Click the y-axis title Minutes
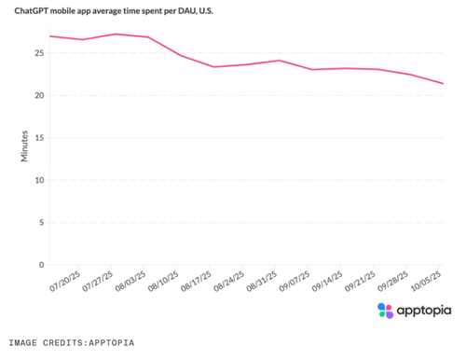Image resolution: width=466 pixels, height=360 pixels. coord(25,146)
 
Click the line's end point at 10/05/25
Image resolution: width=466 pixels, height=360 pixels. coord(443,84)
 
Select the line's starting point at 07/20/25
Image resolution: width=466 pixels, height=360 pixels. coord(50,36)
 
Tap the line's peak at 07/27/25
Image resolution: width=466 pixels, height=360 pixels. coord(114,34)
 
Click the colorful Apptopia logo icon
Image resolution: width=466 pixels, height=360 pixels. coord(385,311)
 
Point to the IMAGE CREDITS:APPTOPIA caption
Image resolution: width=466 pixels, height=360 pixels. coord(72,342)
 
